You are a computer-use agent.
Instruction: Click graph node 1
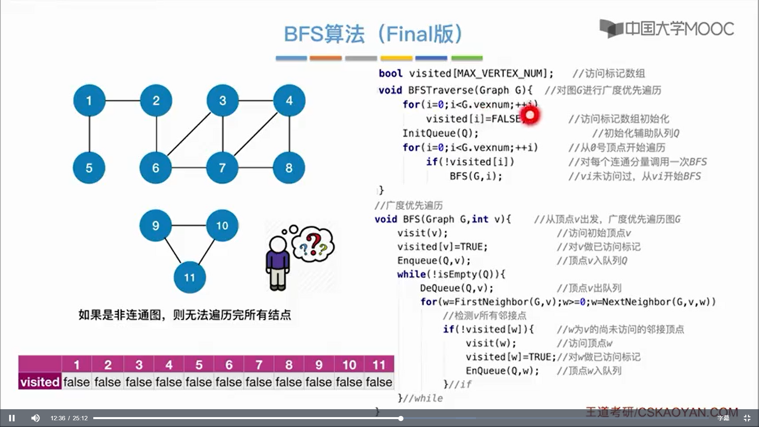(89, 100)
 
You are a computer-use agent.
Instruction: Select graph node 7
(222, 168)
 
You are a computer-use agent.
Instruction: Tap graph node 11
(189, 277)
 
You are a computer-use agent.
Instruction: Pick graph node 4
(289, 100)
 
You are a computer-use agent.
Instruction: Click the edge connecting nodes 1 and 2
(123, 100)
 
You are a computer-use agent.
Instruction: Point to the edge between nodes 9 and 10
(189, 225)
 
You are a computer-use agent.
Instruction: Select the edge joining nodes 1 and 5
(89, 134)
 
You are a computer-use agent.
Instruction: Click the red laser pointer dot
(530, 115)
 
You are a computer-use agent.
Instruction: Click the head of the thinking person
(278, 244)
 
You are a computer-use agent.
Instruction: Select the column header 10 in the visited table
(349, 364)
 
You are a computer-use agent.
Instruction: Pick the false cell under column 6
(229, 382)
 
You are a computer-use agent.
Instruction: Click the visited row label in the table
(40, 382)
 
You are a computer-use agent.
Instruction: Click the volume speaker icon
(35, 418)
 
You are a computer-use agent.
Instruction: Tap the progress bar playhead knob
(401, 418)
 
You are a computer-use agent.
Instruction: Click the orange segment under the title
(325, 58)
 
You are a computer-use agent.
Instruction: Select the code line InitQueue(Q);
(440, 133)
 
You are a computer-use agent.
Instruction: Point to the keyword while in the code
(412, 274)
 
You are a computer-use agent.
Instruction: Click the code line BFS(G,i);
(476, 176)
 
